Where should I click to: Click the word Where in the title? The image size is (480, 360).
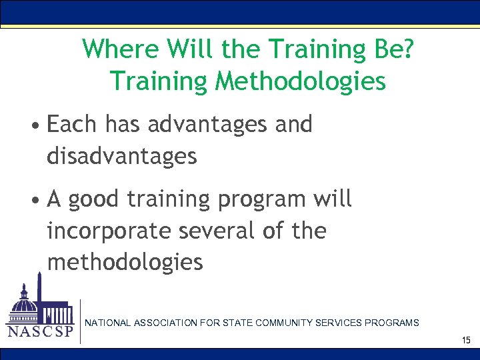pos(121,49)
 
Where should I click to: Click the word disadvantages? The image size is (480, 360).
pos(122,156)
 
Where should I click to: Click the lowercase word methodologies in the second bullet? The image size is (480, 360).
pos(125,262)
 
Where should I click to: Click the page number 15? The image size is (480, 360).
pos(465,340)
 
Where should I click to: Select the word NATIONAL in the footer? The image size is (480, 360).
pos(107,323)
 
